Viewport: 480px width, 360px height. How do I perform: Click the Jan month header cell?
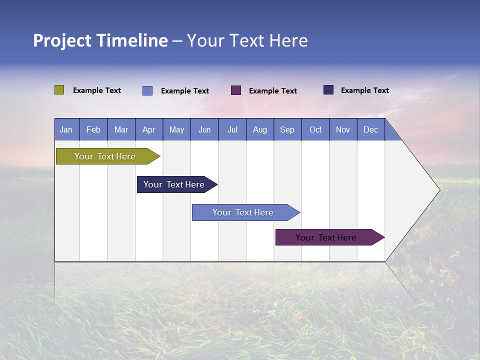66,129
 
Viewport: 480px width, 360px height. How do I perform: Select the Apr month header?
149,129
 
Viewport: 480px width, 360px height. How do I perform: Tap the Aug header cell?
260,129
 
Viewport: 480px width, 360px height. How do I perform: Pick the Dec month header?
371,129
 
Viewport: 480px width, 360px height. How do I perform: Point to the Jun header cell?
204,129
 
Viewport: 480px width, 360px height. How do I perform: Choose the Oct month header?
315,129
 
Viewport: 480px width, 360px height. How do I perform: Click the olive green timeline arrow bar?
105,156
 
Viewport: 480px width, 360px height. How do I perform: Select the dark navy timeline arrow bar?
174,184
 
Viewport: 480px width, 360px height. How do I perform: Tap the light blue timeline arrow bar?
243,212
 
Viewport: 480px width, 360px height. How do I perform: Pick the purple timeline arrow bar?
326,237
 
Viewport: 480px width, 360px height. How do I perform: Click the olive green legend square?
59,90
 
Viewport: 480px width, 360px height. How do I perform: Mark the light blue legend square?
147,90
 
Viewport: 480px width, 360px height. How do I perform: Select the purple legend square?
236,90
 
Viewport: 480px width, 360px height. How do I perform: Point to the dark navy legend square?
328,90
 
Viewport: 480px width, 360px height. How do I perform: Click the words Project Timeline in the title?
100,40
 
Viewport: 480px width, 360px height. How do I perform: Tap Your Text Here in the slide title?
247,40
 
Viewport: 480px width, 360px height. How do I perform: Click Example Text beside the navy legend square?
364,90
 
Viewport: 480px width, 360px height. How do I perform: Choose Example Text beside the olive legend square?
97,90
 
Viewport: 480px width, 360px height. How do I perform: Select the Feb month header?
93,129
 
